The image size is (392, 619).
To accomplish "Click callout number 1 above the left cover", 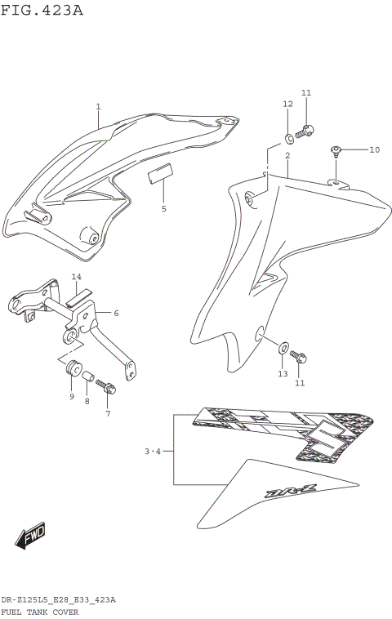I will coord(98,106).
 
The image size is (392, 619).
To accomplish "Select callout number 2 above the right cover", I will coord(287,155).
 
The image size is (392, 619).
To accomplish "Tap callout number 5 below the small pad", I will coord(163,209).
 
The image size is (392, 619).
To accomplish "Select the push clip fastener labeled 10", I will coord(336,150).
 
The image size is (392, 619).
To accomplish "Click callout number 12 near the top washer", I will coord(287,104).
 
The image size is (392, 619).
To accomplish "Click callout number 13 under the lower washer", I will coord(283,373).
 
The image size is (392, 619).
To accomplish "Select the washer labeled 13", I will coord(282,349).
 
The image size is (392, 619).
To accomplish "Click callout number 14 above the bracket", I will coord(76,277).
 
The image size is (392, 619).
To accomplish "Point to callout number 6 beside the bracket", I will coord(116,313).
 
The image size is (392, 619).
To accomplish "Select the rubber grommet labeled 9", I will coord(72,365).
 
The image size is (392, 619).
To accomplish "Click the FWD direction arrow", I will coord(30,537).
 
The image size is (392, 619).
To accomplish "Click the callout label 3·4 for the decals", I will coord(153,451).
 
